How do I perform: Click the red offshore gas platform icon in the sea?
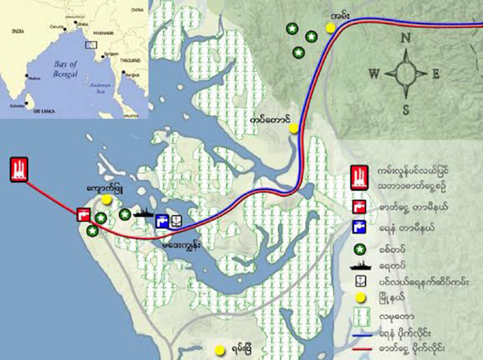click(18, 170)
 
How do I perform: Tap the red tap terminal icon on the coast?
click(83, 214)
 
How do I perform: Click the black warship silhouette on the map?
click(143, 213)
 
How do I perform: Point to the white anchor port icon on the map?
click(177, 222)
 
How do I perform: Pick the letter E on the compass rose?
click(436, 74)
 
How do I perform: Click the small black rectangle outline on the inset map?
click(90, 44)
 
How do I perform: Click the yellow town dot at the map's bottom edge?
click(219, 349)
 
